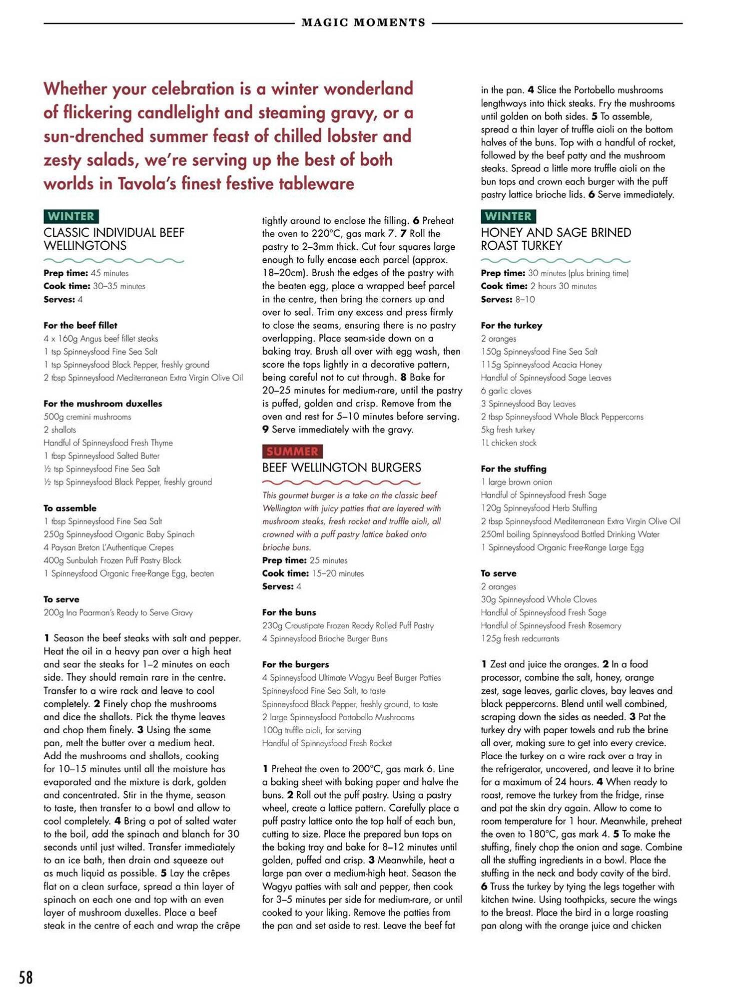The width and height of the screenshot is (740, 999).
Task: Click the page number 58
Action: point(25,977)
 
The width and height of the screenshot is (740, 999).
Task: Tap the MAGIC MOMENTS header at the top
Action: point(363,22)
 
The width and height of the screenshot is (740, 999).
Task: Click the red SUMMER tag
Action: point(292,452)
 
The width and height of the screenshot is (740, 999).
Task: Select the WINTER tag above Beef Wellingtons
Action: point(71,216)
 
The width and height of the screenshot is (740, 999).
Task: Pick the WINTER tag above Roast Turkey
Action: point(508,216)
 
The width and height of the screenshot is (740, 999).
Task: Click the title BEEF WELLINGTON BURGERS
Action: point(341,468)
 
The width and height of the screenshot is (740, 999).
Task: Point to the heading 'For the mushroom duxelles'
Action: point(102,404)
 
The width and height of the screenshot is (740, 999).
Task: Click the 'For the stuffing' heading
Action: point(513,469)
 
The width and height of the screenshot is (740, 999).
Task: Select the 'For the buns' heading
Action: point(289,612)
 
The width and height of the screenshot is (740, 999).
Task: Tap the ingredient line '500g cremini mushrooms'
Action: point(87,417)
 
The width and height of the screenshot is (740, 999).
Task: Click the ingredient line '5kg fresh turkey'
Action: point(508,430)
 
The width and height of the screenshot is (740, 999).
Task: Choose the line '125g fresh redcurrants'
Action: point(520,638)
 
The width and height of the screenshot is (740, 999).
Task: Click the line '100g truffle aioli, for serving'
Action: point(311,730)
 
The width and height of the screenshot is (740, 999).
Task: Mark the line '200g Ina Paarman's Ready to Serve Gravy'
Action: point(118,613)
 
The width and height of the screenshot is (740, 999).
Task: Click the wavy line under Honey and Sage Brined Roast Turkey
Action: point(555,260)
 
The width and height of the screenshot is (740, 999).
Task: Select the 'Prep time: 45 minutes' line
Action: point(86,273)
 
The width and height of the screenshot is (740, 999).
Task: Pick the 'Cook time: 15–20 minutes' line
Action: point(313,573)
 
